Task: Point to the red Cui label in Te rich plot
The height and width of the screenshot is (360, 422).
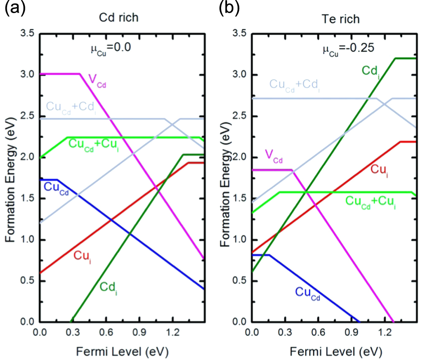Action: point(379,169)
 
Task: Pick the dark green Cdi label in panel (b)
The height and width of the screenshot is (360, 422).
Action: point(372,68)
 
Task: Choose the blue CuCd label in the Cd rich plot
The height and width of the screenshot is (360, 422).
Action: point(55,188)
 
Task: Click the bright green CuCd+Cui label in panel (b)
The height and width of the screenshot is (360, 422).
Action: point(370,201)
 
